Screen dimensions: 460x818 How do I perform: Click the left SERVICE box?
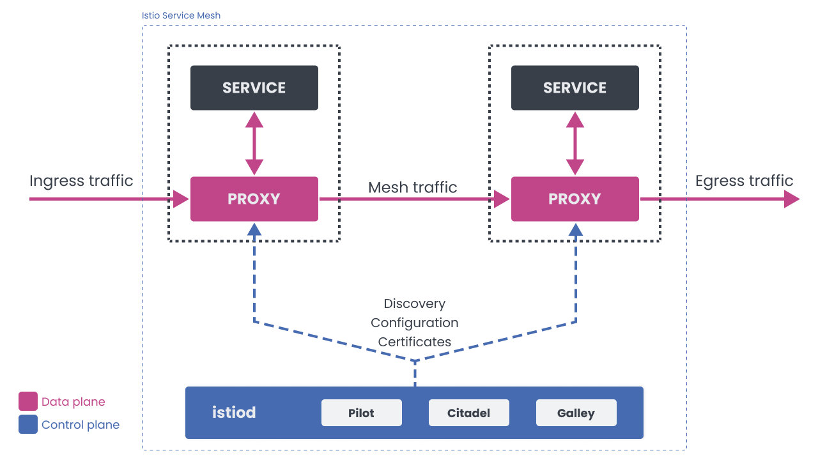pyautogui.click(x=254, y=88)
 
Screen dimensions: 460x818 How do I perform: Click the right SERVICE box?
pyautogui.click(x=575, y=88)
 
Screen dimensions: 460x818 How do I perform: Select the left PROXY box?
pyautogui.click(x=254, y=199)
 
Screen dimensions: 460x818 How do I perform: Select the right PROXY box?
pyautogui.click(x=575, y=199)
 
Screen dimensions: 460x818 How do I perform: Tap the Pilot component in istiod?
pyautogui.click(x=361, y=413)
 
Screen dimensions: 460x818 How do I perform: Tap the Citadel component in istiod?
pyautogui.click(x=468, y=413)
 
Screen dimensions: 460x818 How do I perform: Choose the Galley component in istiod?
pyautogui.click(x=576, y=413)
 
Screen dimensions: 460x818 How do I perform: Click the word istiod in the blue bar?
pyautogui.click(x=234, y=413)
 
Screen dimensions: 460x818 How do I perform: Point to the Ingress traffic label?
pyautogui.click(x=81, y=181)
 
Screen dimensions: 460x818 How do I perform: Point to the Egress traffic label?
pyautogui.click(x=744, y=181)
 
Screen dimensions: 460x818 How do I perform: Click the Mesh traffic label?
pyautogui.click(x=412, y=187)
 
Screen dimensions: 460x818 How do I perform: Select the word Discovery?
pyautogui.click(x=414, y=303)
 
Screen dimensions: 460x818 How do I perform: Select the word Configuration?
pyautogui.click(x=414, y=323)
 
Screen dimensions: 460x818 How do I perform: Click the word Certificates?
pyautogui.click(x=414, y=342)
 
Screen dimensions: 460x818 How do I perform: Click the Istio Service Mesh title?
pyautogui.click(x=181, y=15)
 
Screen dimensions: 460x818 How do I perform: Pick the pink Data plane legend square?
pyautogui.click(x=28, y=401)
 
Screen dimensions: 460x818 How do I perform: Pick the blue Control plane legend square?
pyautogui.click(x=28, y=424)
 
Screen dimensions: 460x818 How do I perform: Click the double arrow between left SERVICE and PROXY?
pyautogui.click(x=254, y=143)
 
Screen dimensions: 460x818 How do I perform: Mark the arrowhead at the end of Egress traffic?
pyautogui.click(x=791, y=199)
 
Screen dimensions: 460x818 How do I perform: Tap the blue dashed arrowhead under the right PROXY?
pyautogui.click(x=576, y=230)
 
